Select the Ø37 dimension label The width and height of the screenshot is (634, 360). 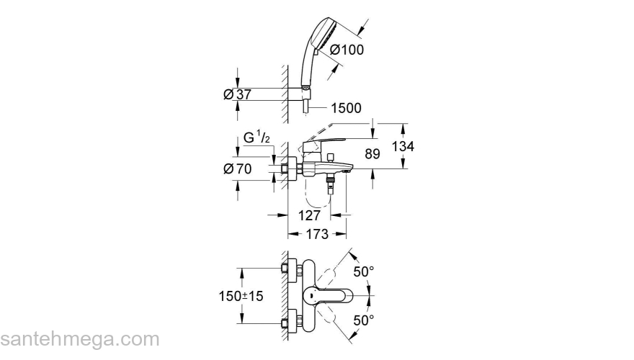pos(237,94)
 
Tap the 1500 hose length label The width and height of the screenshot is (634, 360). pos(346,108)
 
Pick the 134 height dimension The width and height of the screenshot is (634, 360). pos(403,146)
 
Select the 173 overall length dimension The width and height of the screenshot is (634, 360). pos(316,234)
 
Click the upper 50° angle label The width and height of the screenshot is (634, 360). pos(363,271)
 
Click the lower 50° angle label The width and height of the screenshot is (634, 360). pos(363,319)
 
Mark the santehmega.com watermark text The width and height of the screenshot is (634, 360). pos(79,339)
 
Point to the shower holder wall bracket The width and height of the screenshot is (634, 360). pos(305,91)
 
